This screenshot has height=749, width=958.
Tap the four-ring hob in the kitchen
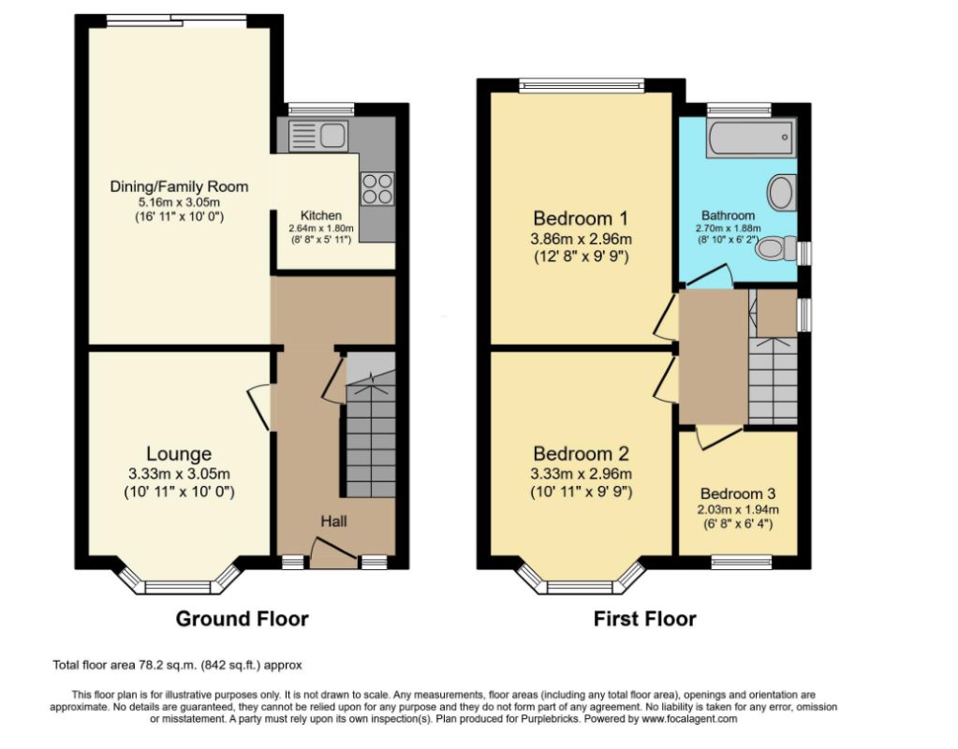(377, 189)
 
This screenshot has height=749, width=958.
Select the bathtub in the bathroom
(751, 138)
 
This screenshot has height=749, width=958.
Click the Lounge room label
(179, 453)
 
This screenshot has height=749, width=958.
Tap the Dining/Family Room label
(179, 186)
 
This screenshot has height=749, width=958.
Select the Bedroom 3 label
(738, 493)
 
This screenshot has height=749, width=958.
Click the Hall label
(333, 521)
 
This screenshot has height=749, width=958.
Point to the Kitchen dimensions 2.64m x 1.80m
(321, 228)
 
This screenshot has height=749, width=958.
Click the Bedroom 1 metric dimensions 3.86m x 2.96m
(581, 238)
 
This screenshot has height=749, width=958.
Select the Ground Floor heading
(242, 619)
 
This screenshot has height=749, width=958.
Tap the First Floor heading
(644, 619)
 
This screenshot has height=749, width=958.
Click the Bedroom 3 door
(720, 436)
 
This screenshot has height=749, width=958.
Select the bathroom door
(709, 275)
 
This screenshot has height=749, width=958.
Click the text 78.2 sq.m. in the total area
(166, 665)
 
